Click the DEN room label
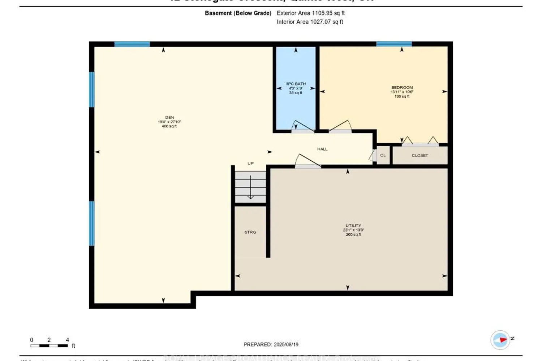(169, 118)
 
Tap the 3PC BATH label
(296, 84)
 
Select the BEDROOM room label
(402, 88)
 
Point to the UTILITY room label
(353, 226)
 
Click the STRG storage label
(250, 232)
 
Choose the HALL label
(322, 149)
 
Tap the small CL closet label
(383, 156)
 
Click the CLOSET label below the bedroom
(420, 156)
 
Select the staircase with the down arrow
(250, 187)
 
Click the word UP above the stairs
(250, 164)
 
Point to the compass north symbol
(501, 340)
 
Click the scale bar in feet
(49, 345)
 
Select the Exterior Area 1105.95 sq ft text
(311, 13)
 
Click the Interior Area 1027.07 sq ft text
(310, 22)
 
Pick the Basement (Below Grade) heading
(238, 13)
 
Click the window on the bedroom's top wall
(394, 44)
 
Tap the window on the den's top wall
(132, 44)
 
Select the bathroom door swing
(303, 126)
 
